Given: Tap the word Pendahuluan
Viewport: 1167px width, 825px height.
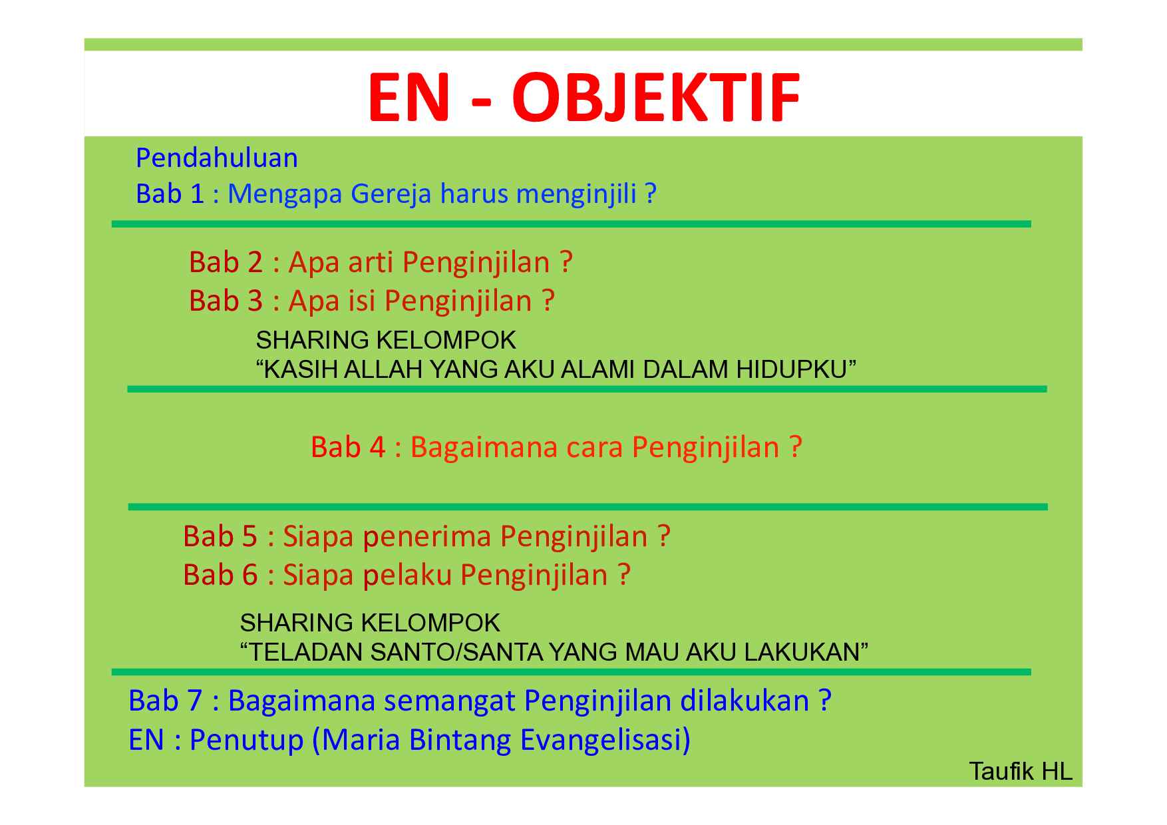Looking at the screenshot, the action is click(217, 158).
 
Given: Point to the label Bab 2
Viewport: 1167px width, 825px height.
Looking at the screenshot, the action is click(226, 263).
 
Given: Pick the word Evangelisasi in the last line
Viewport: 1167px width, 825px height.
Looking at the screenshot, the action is click(605, 741).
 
